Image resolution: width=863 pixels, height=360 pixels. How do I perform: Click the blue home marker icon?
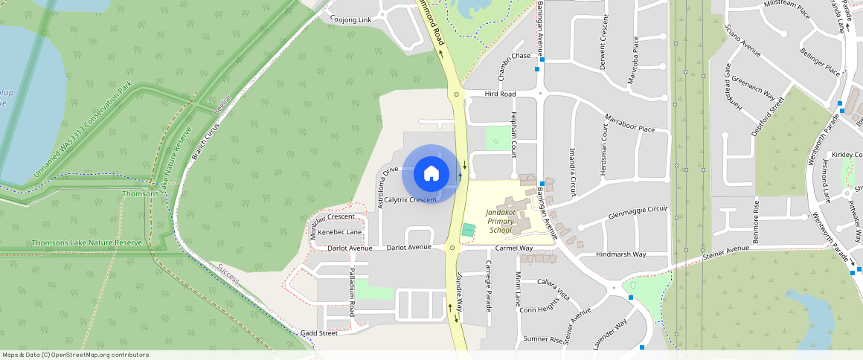coord(431,174)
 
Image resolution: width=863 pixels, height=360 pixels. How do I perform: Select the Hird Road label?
coord(500,94)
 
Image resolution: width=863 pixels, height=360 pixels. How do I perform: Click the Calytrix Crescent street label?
coord(410,200)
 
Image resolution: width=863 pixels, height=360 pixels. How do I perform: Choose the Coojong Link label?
coord(350,19)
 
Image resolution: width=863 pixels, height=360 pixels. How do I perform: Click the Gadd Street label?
coord(318,333)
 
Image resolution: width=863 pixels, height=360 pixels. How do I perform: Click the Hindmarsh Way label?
coord(621,254)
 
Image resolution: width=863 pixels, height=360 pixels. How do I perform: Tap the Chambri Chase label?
coord(510,57)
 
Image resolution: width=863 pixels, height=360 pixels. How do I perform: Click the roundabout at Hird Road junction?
coord(455,94)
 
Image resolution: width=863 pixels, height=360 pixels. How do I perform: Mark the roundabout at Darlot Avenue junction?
coord(452,248)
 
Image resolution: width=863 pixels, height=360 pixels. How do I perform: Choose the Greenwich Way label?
coord(754,86)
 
